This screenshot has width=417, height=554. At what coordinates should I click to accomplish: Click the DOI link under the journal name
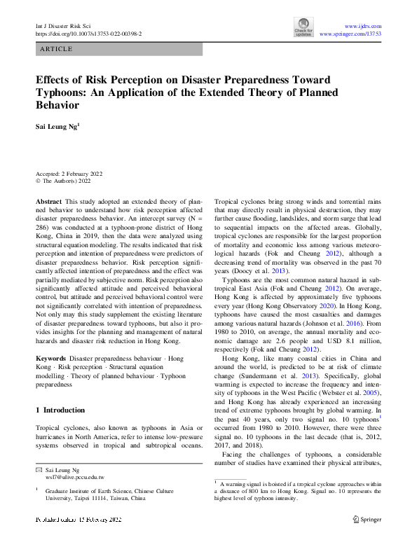coord(88,33)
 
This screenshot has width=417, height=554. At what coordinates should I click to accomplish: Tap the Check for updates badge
coord(303,27)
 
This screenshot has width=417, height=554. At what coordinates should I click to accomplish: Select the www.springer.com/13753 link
coord(350,33)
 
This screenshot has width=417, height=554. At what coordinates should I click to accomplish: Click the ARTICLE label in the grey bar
coord(57,49)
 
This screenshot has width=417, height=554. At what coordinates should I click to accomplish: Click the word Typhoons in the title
coord(64,92)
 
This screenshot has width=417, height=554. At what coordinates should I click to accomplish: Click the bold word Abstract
coord(49,200)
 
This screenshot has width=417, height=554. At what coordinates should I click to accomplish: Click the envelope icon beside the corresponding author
coord(39,469)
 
